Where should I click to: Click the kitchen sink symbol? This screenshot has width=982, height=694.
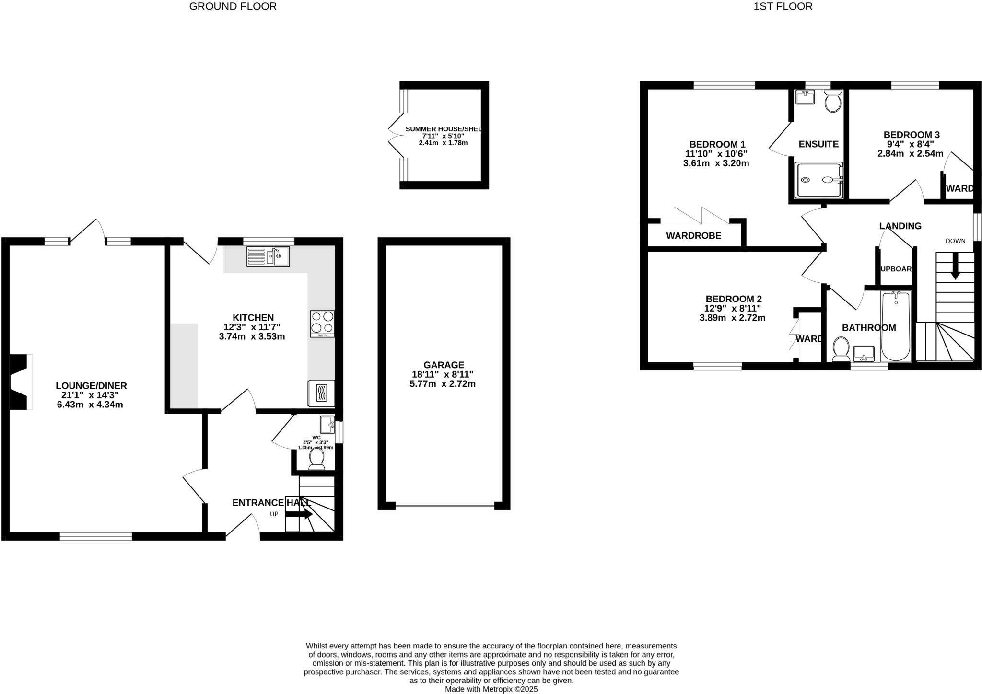point(268,256)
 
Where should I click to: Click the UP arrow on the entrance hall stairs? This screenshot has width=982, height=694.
point(299,514)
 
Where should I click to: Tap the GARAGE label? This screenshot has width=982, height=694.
point(444,365)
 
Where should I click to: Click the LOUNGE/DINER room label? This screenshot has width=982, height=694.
point(91,386)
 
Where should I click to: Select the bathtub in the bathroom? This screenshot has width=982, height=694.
point(896,326)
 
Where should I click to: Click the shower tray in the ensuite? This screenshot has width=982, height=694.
point(818,180)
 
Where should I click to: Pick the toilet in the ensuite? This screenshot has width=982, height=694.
point(833,102)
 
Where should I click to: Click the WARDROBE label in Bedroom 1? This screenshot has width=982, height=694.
point(693,235)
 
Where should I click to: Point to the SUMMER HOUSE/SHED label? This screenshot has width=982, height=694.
point(444,129)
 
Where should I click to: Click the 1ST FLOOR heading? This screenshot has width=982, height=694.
point(783,6)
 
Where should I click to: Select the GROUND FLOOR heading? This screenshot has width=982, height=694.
point(233,6)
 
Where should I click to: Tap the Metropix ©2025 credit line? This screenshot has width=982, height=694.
point(491,689)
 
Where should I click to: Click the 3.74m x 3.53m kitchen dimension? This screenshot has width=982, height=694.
point(252,336)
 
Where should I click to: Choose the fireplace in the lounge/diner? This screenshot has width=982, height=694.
point(21,382)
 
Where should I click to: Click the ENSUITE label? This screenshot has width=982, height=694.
point(818,144)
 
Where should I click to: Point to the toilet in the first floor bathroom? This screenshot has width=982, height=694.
point(841,348)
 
